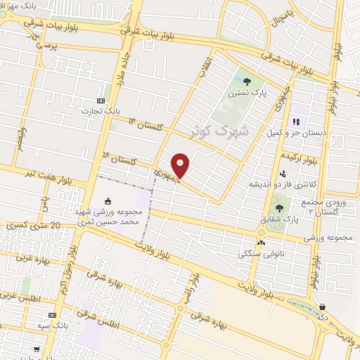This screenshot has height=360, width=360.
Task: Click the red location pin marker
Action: pos(181,166)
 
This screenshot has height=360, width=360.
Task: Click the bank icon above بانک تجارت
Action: pos(101,101)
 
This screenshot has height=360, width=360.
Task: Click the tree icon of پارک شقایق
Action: pos(280,208)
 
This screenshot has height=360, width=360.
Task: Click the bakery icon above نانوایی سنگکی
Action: pos(262,243)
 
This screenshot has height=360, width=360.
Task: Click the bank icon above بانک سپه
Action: pos(52,316)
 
